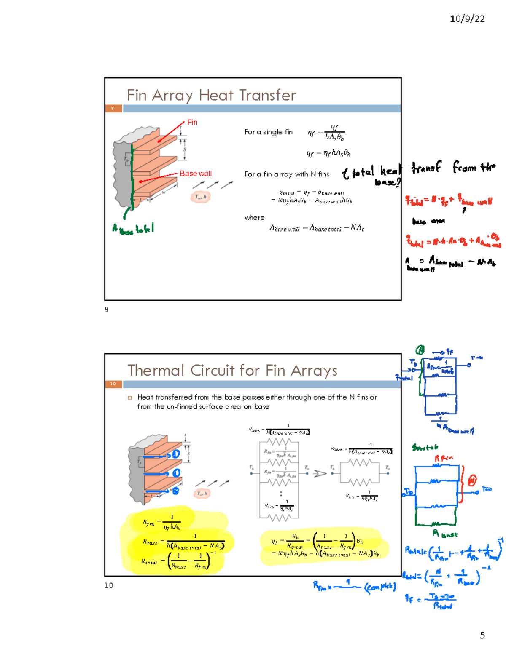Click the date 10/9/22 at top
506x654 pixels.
click(467, 19)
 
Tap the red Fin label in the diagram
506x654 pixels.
click(192, 123)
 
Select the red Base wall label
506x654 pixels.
click(196, 174)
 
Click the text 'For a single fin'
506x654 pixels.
click(268, 132)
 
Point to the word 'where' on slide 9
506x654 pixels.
click(254, 218)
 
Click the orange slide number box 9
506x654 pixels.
click(113, 109)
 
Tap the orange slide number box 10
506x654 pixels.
click(113, 384)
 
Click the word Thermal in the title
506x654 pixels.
click(156, 371)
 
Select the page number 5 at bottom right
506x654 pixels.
click(482, 635)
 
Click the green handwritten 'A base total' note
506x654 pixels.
click(133, 229)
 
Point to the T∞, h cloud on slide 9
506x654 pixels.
click(200, 197)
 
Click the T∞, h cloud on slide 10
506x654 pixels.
click(202, 493)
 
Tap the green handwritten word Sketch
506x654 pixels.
click(425, 447)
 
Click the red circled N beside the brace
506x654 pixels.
click(472, 480)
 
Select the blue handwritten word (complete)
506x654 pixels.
click(380, 586)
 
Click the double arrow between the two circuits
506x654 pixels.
click(320, 474)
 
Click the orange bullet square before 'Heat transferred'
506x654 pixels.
click(130, 398)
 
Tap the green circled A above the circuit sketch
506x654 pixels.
click(420, 350)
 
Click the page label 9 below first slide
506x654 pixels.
click(106, 310)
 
